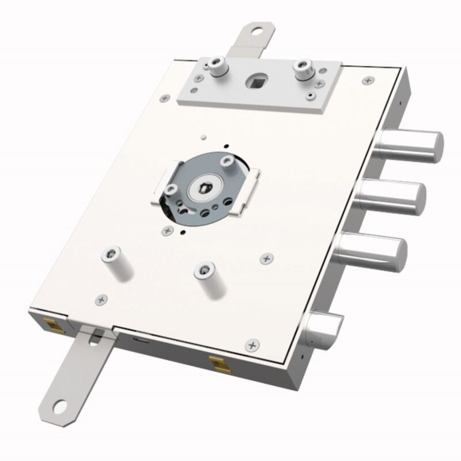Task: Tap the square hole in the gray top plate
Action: point(256,78)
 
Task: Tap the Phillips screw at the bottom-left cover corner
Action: point(102,298)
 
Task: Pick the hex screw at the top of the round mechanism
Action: point(229,164)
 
